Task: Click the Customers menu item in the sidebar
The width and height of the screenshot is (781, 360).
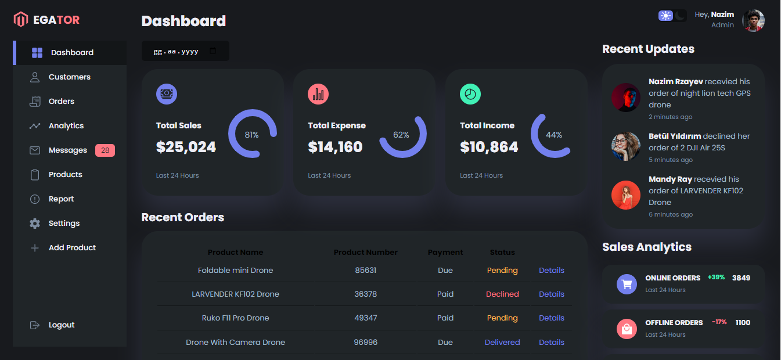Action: (x=69, y=77)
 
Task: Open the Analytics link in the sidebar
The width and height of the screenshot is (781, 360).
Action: (x=66, y=126)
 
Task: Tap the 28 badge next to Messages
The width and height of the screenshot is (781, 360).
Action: (x=105, y=150)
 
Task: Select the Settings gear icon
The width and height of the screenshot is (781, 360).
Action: (x=35, y=224)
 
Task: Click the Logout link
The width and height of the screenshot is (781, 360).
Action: (x=61, y=325)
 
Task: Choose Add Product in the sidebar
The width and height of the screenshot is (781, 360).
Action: (x=72, y=248)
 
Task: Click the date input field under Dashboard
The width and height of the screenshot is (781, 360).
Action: (x=185, y=51)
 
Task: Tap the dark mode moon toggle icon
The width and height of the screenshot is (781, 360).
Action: (x=680, y=16)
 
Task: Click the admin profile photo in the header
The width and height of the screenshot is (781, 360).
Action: (x=753, y=20)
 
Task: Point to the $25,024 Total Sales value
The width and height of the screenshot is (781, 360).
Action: (x=186, y=147)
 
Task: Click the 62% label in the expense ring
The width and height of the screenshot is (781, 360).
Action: (x=401, y=135)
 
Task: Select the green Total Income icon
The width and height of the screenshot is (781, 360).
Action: (x=470, y=94)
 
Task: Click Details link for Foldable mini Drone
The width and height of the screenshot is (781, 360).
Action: (x=551, y=271)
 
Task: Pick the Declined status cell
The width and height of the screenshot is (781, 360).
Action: (x=502, y=294)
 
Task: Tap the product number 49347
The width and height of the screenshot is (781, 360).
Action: (x=365, y=318)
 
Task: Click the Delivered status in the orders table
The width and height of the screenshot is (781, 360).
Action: (x=502, y=343)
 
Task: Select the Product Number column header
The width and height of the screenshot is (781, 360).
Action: (x=365, y=253)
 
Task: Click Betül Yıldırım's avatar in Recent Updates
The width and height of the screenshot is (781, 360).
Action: (x=626, y=146)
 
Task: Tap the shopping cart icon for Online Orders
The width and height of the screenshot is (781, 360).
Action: (x=627, y=285)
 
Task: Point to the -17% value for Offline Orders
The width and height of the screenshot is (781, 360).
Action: (x=719, y=322)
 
